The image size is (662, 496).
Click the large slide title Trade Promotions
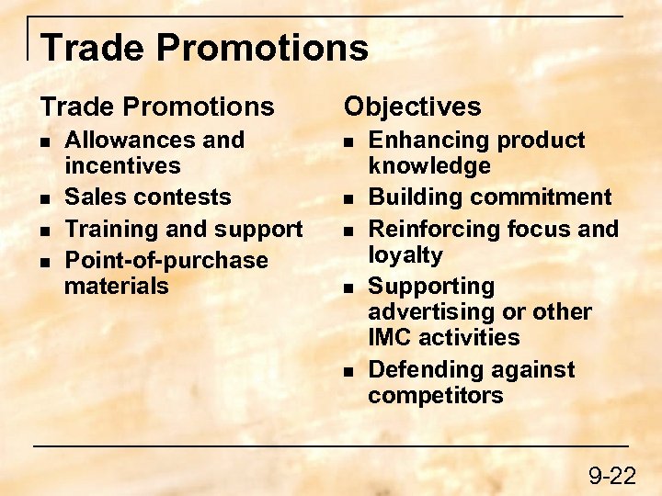pos(204,47)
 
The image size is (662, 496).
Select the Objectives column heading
pos(412,107)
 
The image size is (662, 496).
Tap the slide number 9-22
pos(611,475)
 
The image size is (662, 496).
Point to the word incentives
pos(122,166)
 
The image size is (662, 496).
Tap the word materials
pos(117,286)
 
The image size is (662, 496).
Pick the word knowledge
pos(429,166)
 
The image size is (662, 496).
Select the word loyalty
pos(405,254)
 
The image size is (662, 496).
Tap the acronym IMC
pos(392,337)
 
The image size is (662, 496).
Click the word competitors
pos(436,396)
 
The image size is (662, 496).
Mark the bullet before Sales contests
pos(46,198)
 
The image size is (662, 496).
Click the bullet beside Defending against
pos(349,371)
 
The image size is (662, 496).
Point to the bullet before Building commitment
pos(349,198)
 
